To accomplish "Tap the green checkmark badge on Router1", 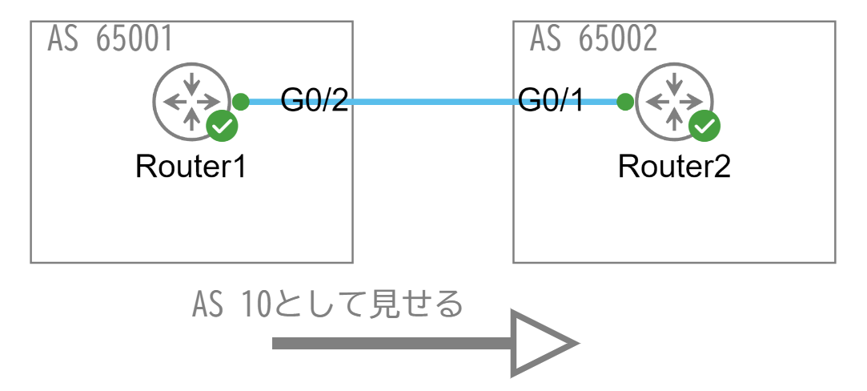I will pyautogui.click(x=221, y=126).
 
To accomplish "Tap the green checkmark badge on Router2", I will pyautogui.click(x=704, y=126).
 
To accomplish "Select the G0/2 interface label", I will pyautogui.click(x=314, y=100).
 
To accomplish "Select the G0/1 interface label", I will pyautogui.click(x=552, y=100).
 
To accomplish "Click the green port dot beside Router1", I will pyautogui.click(x=240, y=102).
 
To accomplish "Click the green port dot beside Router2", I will pyautogui.click(x=625, y=102).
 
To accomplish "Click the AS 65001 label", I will pyautogui.click(x=110, y=39).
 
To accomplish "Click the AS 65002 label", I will pyautogui.click(x=593, y=39).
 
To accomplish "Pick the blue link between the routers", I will pyautogui.click(x=432, y=103).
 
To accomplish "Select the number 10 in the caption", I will pyautogui.click(x=255, y=305).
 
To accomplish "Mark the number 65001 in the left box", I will pyautogui.click(x=134, y=39).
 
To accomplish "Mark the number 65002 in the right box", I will pyautogui.click(x=616, y=39).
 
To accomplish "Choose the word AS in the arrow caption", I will pyautogui.click(x=208, y=305).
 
